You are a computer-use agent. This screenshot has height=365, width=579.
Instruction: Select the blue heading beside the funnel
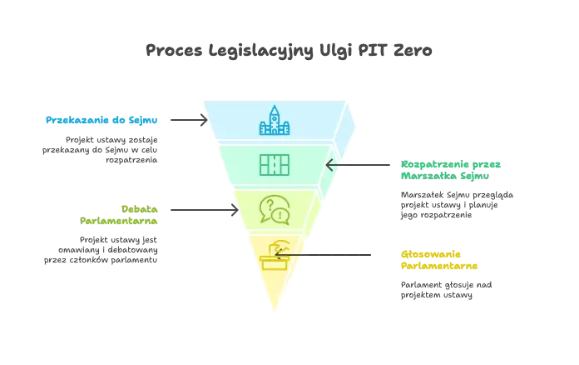[100, 120]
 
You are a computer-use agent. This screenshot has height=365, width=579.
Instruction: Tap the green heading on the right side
[451, 169]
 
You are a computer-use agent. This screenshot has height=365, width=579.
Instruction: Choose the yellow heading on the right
[438, 261]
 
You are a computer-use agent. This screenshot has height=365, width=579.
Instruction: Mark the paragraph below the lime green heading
[100, 248]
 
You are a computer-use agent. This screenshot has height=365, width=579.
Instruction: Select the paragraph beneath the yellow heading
[446, 287]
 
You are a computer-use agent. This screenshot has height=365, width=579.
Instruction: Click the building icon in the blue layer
[275, 122]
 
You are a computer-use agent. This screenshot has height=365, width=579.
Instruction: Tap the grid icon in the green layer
[275, 165]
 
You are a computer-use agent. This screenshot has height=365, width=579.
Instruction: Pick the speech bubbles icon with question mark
[274, 209]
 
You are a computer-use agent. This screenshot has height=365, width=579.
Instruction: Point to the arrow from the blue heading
[186, 120]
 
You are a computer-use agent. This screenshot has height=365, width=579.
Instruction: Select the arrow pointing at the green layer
[358, 165]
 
